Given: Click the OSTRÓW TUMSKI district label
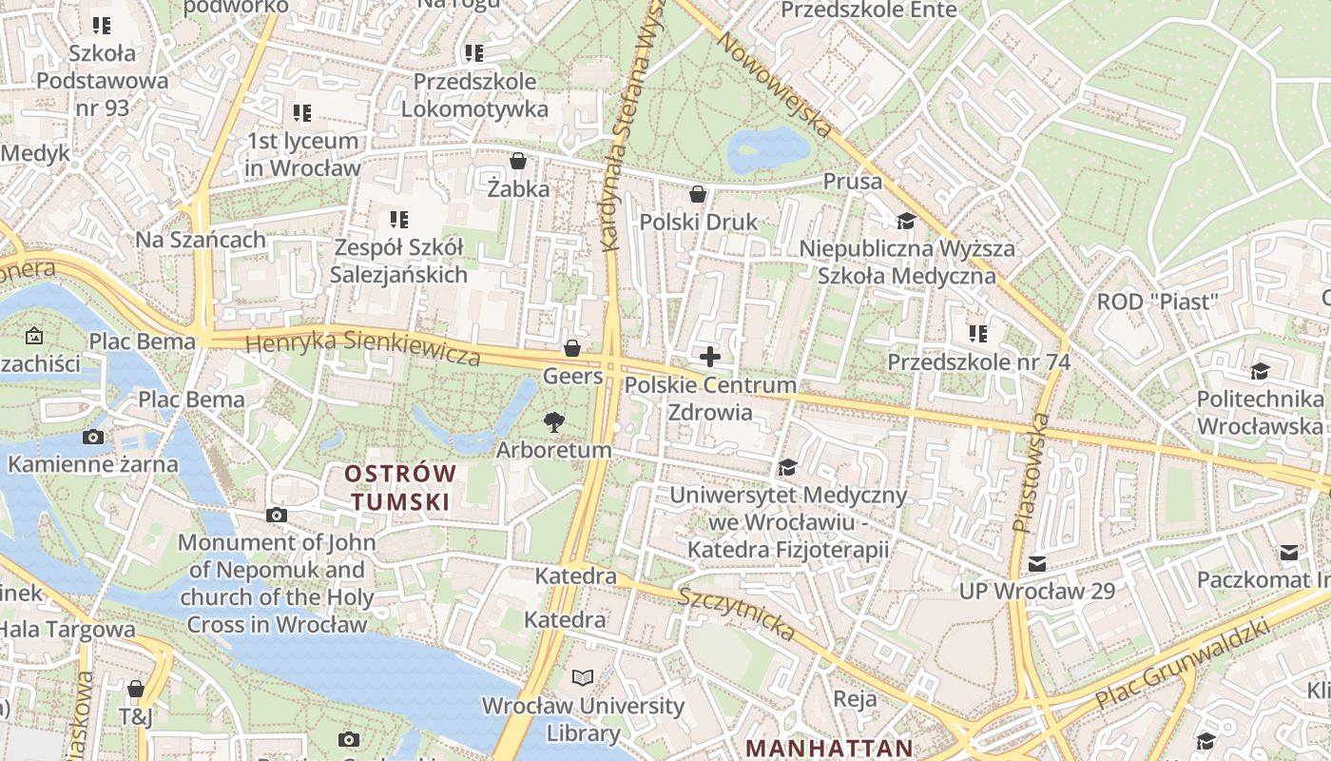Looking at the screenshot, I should [400, 487].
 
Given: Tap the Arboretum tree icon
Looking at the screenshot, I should [553, 421].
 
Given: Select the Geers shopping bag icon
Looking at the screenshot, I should [572, 348].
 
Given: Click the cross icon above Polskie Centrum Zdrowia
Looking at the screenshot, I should [709, 357].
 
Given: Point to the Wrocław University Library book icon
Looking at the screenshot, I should [582, 678].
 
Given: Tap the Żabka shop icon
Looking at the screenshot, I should [518, 161].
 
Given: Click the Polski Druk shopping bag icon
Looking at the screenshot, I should [698, 194].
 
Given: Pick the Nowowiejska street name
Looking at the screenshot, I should [774, 83].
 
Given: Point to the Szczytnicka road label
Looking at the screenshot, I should [736, 614].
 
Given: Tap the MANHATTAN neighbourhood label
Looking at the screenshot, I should [829, 748].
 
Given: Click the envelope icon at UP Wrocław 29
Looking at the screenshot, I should [1036, 563].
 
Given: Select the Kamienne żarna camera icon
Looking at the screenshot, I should [93, 438].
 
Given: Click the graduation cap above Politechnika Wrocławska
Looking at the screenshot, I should [1260, 371].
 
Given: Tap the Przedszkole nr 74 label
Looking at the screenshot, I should [978, 362].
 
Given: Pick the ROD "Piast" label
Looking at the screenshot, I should [1157, 302].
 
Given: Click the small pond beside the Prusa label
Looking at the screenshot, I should [768, 148].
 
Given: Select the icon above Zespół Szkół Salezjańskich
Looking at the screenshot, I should [399, 220].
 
